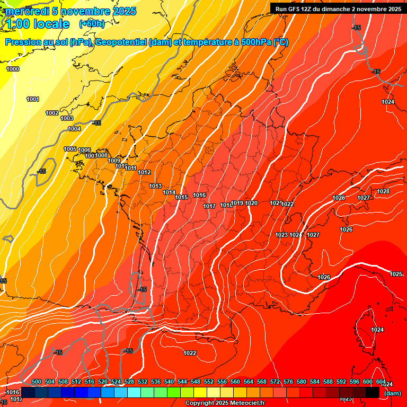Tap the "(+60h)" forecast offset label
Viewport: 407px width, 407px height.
click(x=92, y=23)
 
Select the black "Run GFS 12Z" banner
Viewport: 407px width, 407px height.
click(x=338, y=8)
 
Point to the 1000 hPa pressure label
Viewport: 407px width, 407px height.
click(x=13, y=69)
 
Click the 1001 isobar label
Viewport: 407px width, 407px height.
click(x=33, y=99)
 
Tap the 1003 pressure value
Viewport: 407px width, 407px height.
click(x=67, y=118)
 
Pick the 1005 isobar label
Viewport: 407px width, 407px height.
click(x=70, y=149)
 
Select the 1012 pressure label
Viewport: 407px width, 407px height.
click(x=144, y=172)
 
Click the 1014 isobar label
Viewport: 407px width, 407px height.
click(x=169, y=192)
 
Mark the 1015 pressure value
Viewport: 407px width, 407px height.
click(x=181, y=197)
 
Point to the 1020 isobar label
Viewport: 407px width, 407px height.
click(x=251, y=203)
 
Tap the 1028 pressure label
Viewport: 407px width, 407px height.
click(x=383, y=191)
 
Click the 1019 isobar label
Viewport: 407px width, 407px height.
click(x=237, y=203)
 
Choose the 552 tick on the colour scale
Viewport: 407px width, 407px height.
click(x=209, y=382)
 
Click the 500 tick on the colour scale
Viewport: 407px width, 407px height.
click(x=37, y=382)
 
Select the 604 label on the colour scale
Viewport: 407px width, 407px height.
click(x=381, y=382)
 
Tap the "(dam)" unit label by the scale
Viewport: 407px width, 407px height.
click(x=392, y=393)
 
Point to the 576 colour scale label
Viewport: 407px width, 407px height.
click(x=288, y=382)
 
